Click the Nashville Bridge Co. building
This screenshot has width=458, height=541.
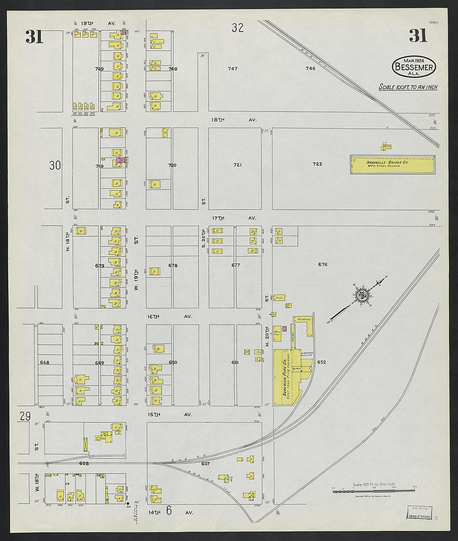393,164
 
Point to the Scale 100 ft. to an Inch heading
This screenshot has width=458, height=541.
408,87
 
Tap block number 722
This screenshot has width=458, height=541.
317,164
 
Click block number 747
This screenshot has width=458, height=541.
232,69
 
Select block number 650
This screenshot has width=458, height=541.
173,362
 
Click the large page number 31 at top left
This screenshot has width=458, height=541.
34,37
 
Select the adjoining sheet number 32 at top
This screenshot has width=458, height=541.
238,28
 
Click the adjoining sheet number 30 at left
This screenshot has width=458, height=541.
55,166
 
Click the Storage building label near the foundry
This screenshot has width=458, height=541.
305,319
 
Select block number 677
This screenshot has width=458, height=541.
236,265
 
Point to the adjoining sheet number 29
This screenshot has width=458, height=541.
25,416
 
